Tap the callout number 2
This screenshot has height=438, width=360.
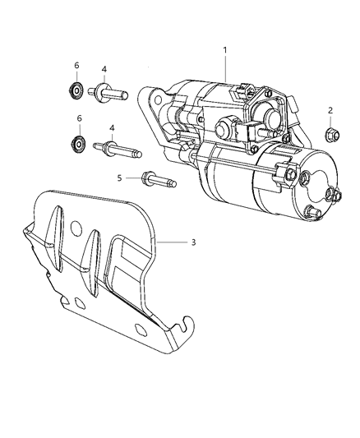click(330, 110)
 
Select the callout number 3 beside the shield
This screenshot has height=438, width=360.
click(192, 242)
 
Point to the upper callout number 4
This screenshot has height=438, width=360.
click(104, 69)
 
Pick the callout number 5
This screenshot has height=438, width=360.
click(118, 177)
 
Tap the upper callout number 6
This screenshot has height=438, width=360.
click(79, 66)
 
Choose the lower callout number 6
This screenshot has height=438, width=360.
click(79, 119)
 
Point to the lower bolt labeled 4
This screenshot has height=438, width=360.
click(114, 150)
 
